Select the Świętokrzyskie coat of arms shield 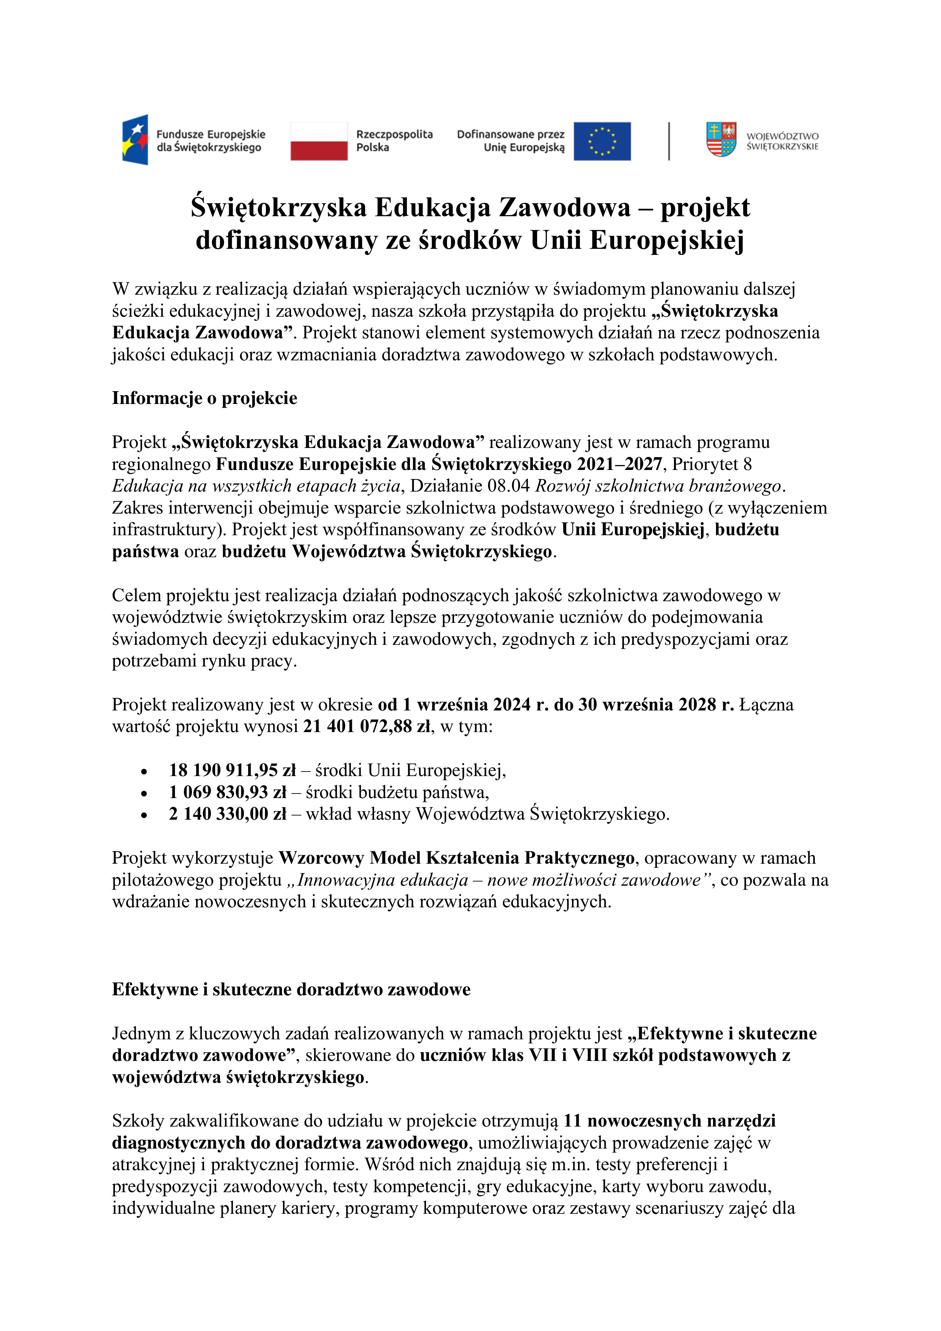point(721,139)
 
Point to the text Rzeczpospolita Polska point(394,141)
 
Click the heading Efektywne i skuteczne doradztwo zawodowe point(291,989)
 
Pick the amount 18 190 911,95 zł point(232,770)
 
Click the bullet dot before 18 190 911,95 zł point(144,772)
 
